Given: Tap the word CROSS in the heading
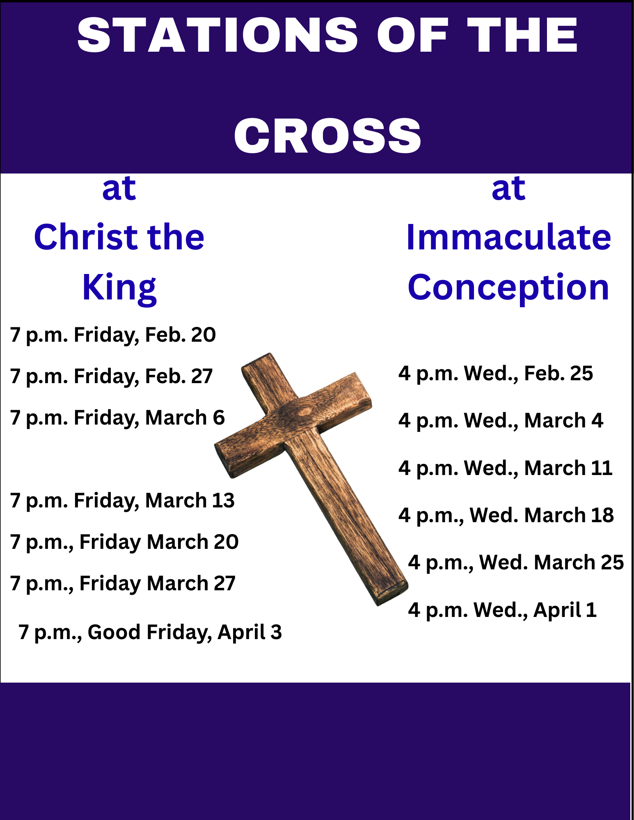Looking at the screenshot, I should tap(327, 136).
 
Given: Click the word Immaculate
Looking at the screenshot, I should tap(508, 238).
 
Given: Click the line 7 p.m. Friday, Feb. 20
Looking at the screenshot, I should tap(113, 335).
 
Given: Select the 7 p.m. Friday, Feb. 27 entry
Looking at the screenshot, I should tap(111, 377).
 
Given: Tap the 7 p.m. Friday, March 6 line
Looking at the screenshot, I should tap(117, 418).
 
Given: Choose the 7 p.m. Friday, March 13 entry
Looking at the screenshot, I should tap(122, 501).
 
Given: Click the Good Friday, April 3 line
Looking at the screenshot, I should tap(150, 632).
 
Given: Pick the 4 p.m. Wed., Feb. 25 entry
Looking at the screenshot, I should tap(495, 374).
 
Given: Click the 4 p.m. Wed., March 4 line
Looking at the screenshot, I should tap(500, 421).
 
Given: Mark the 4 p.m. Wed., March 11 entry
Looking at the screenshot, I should tap(505, 468).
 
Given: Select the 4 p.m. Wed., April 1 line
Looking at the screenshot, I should tap(502, 610).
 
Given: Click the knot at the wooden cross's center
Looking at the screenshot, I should tap(304, 411).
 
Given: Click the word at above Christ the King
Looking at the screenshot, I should tap(119, 189).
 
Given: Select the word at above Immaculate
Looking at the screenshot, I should tap(508, 189).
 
